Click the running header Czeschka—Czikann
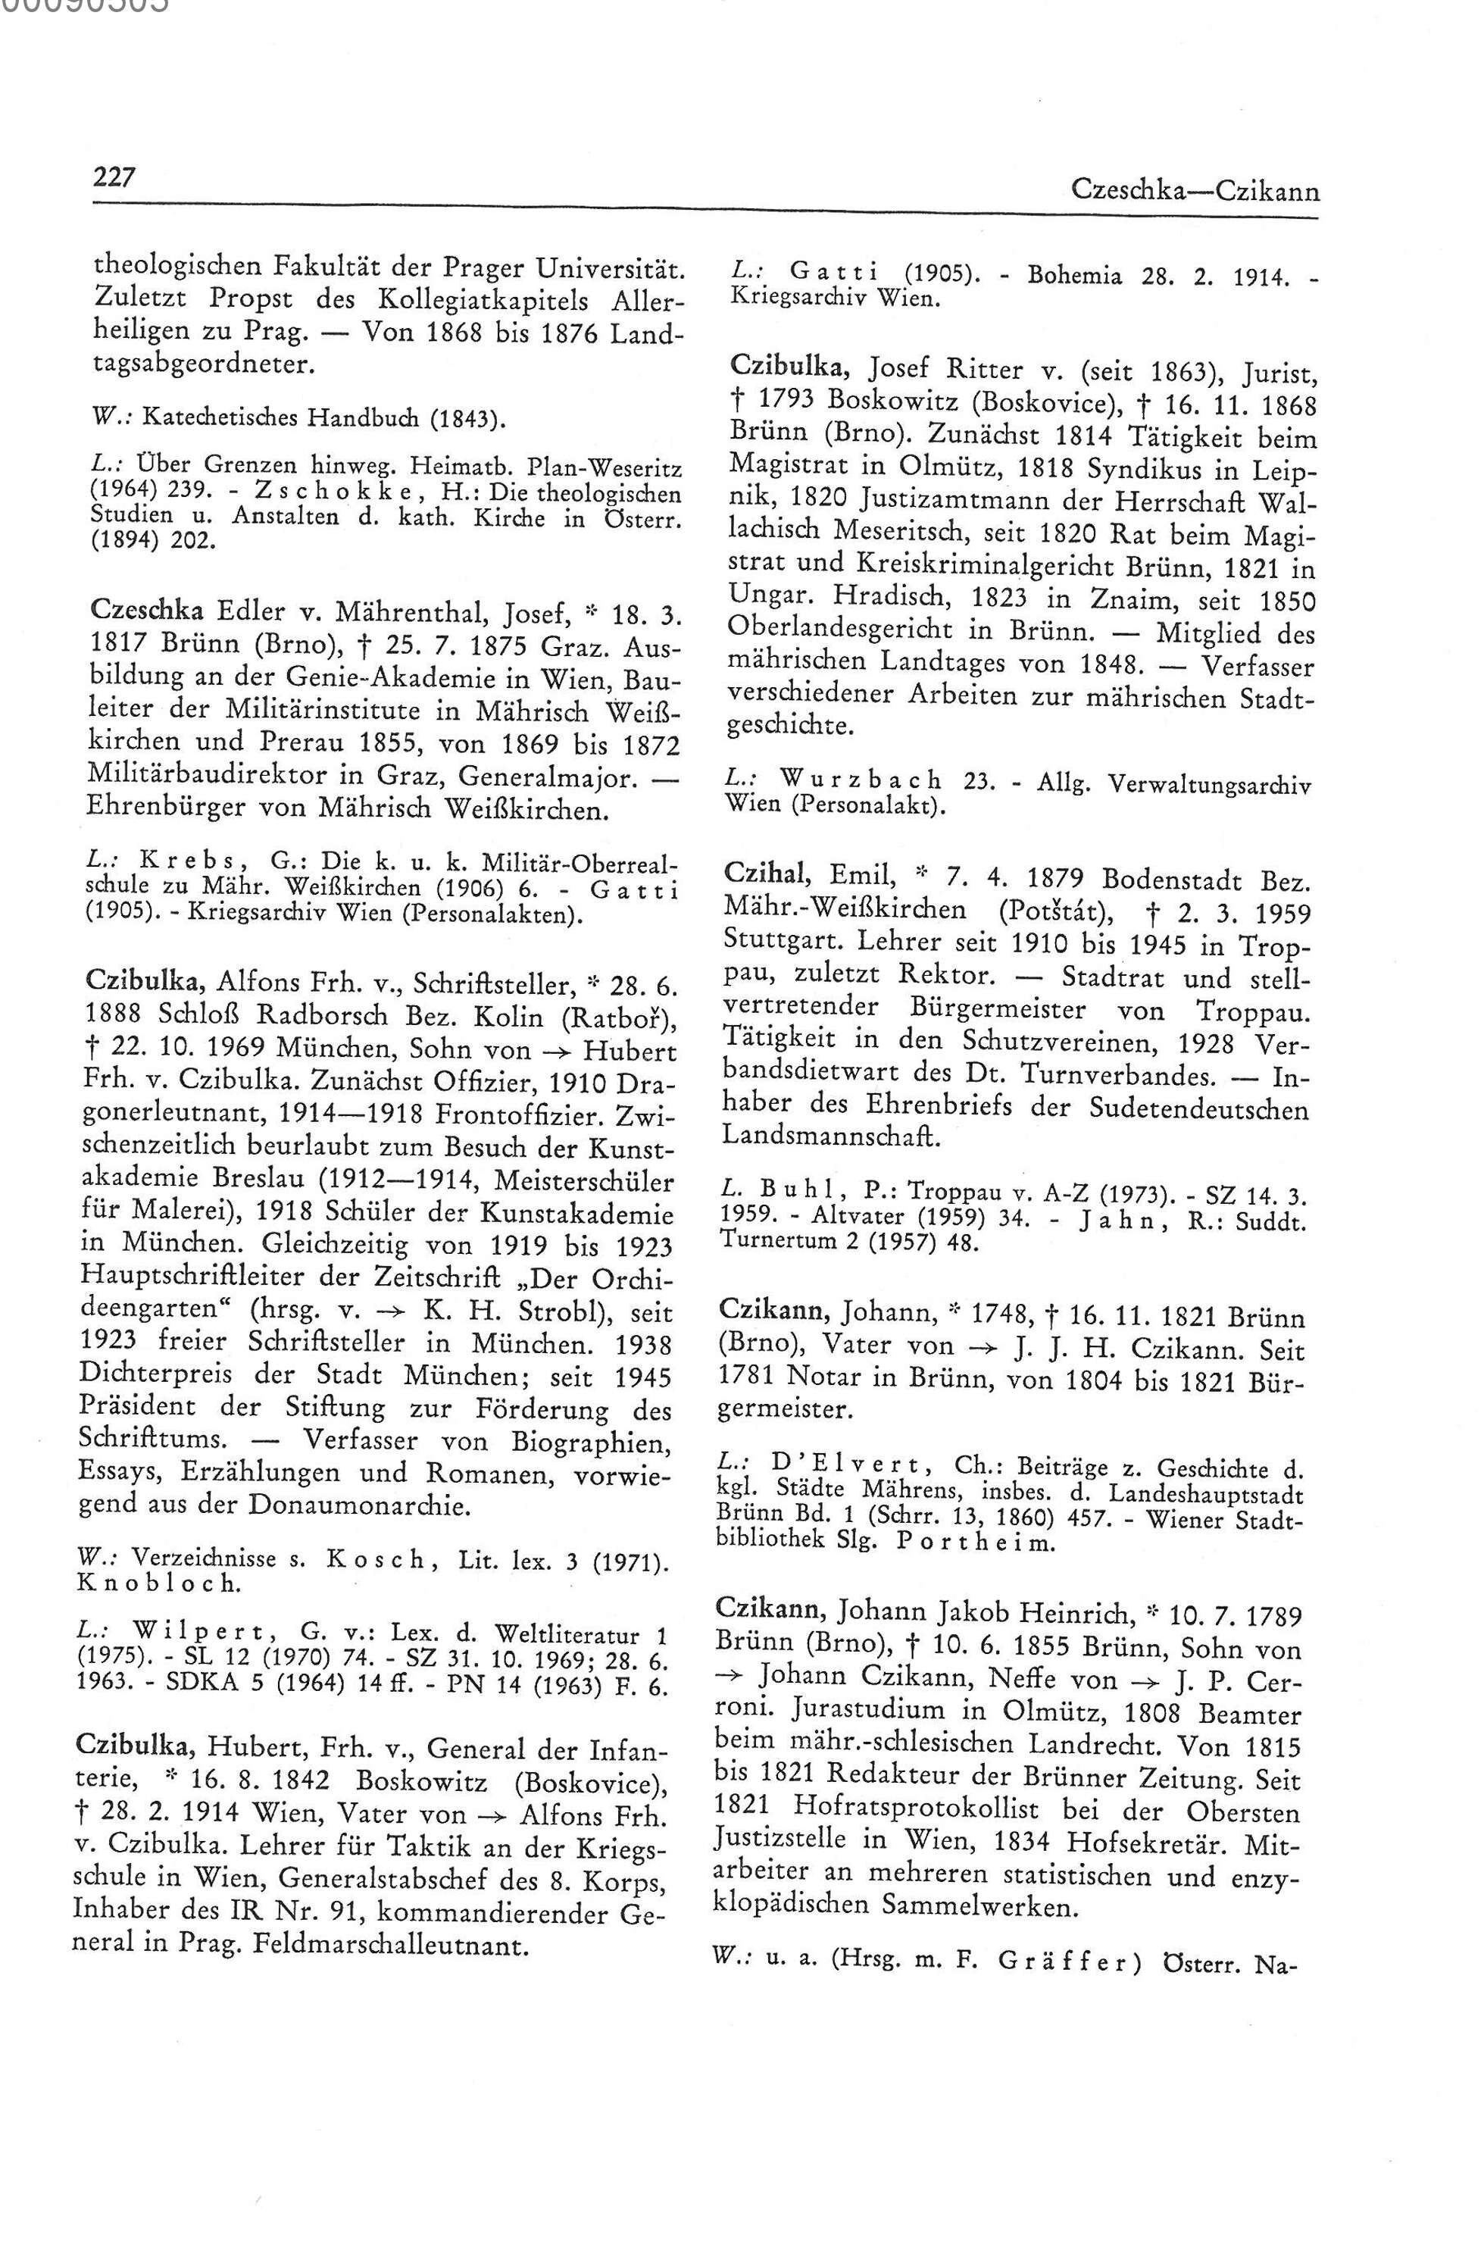point(1195,191)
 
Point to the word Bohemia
point(1074,277)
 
